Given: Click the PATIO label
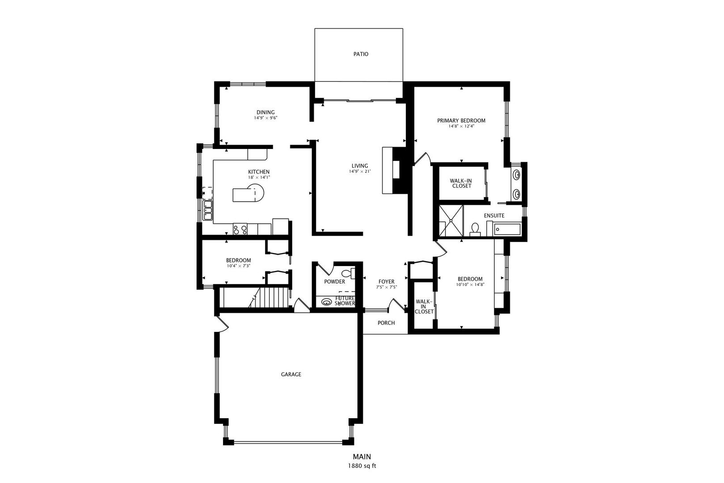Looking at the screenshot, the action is [361, 54].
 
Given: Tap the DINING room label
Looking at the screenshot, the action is [265, 113].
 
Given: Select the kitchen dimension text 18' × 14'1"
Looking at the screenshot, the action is [259, 177].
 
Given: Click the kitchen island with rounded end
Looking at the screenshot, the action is [248, 193].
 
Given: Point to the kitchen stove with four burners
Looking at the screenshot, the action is [240, 229].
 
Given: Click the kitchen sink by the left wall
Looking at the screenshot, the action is [207, 211].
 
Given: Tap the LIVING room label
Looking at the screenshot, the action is [360, 166].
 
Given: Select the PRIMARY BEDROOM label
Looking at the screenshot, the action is [461, 121].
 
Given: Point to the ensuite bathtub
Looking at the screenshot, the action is [507, 229].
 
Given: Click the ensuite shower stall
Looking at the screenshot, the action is [451, 221].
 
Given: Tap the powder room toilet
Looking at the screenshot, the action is [349, 274].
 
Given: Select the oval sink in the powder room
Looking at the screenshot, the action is [326, 302].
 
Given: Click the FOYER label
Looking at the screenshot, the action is [387, 282].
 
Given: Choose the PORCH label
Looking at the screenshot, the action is [386, 323].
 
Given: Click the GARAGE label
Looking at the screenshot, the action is [291, 374].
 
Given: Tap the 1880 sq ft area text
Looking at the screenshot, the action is [362, 466].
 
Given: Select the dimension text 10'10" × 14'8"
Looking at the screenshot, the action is [470, 285].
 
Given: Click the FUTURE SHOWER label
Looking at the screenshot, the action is [345, 301].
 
